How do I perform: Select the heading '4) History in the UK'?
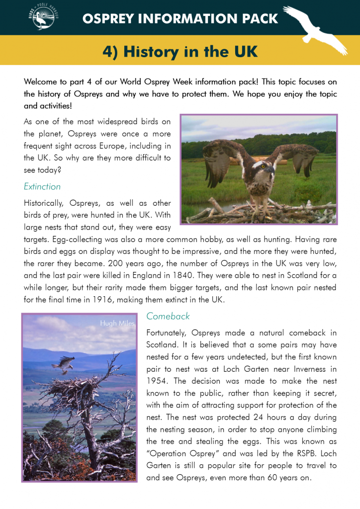[x=180, y=51]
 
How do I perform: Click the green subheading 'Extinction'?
[x=42, y=186]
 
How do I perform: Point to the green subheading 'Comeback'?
[x=168, y=316]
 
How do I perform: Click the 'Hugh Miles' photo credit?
[x=116, y=324]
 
